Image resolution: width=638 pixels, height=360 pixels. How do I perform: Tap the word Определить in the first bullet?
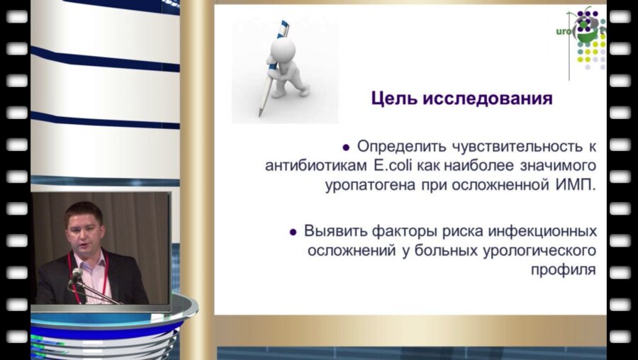(400, 147)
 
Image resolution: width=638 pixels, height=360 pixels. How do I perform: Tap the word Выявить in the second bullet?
(332, 231)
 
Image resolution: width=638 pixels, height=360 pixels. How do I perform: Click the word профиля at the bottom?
(563, 269)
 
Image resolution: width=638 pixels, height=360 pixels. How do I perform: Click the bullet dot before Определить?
(346, 147)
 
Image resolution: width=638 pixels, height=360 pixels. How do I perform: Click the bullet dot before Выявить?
(293, 232)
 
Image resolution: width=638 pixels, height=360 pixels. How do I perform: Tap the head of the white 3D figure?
(284, 50)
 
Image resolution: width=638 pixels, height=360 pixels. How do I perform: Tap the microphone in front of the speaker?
(77, 274)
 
